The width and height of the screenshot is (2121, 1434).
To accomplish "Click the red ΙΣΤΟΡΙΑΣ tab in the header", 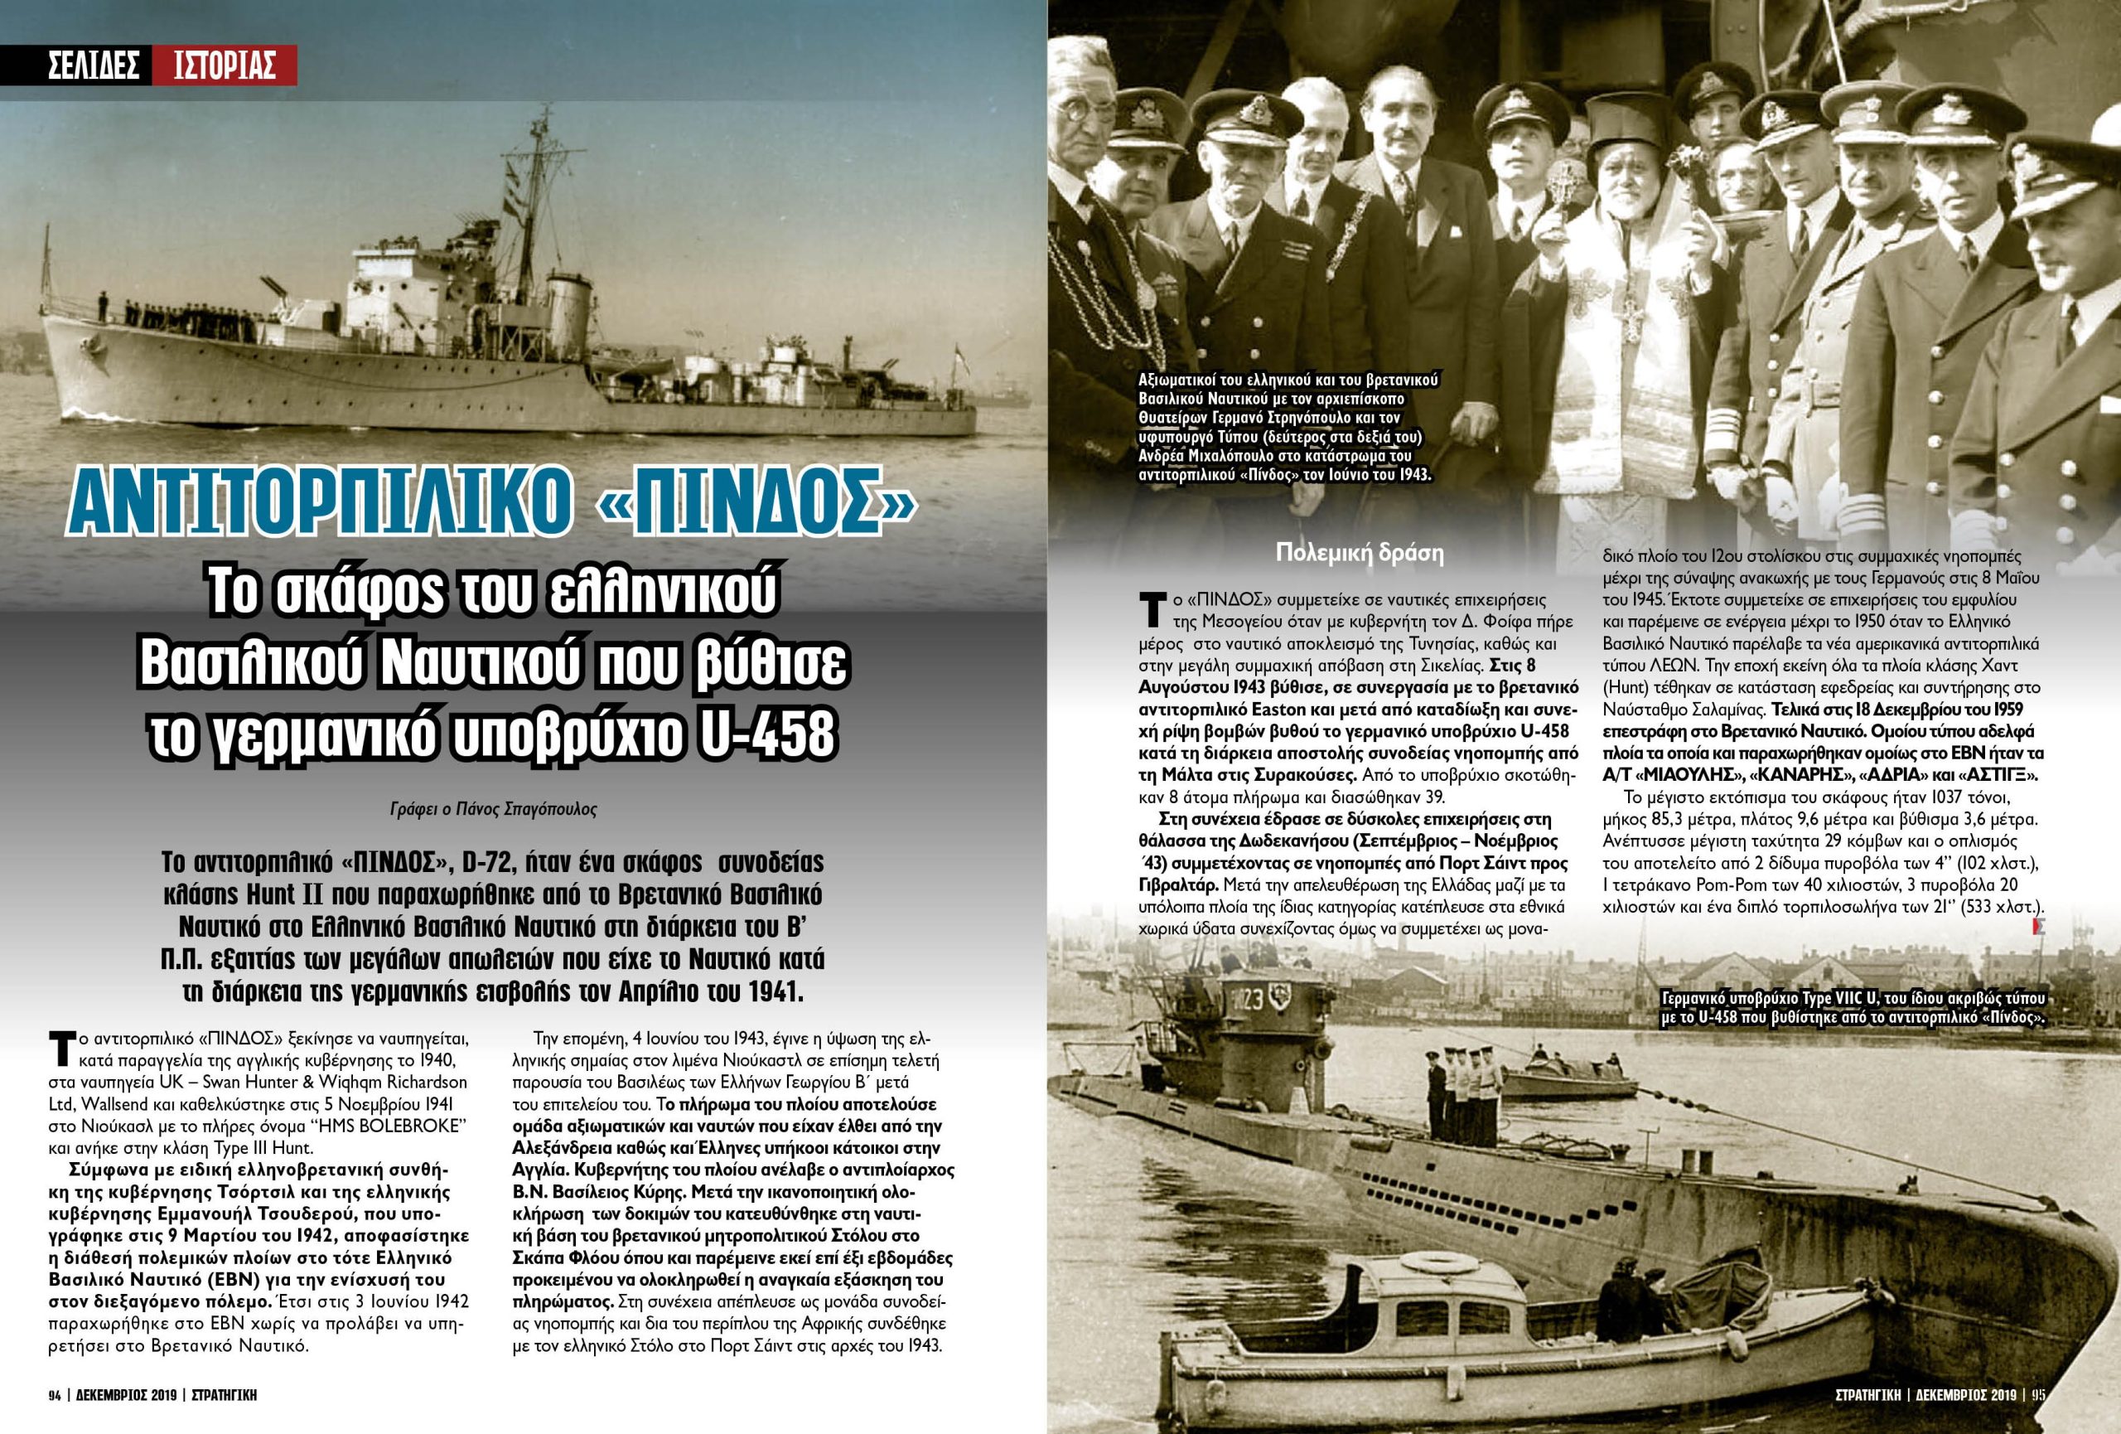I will tap(225, 65).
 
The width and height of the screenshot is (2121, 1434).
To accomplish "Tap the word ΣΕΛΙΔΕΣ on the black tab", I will tap(93, 65).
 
